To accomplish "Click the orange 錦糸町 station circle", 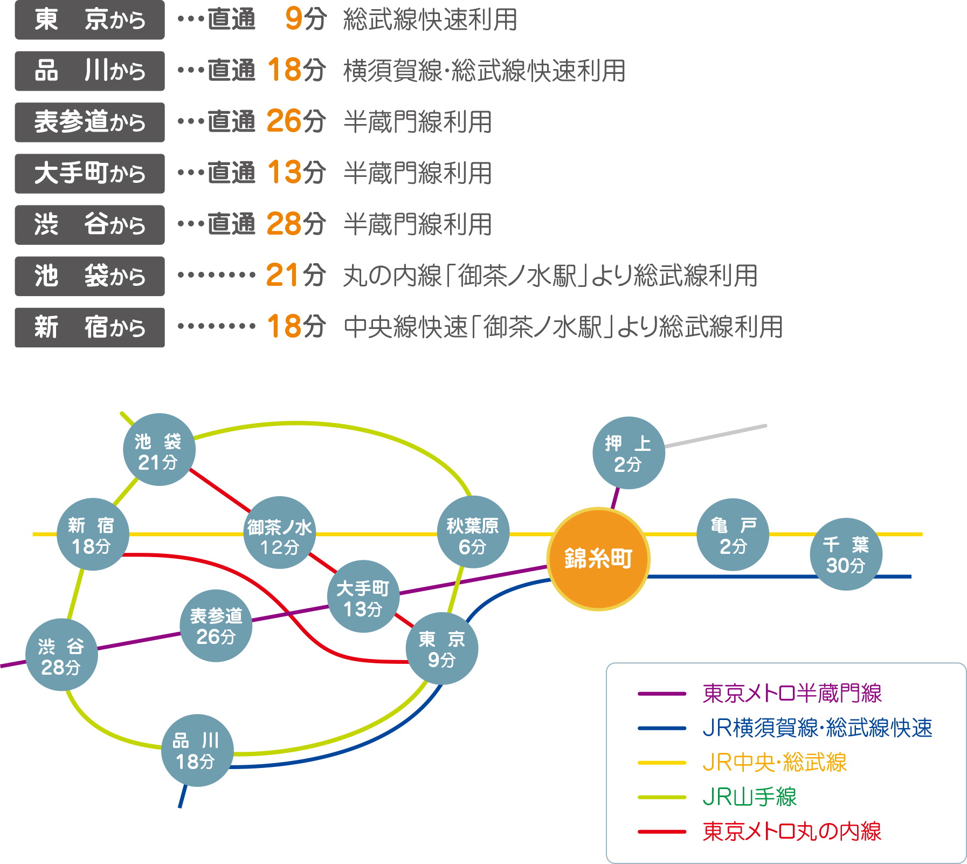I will click(598, 559).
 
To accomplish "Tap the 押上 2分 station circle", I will click(628, 453).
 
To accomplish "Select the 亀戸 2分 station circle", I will click(733, 534).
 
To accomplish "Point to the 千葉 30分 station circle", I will click(846, 554).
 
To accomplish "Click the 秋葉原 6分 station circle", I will click(473, 532).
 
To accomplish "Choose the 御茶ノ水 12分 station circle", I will click(279, 533).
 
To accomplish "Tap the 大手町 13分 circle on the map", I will click(363, 596).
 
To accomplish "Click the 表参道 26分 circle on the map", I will click(216, 626).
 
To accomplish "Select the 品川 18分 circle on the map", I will click(197, 750).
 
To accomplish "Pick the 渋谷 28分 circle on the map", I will click(61, 655).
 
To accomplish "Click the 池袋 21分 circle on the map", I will click(159, 450).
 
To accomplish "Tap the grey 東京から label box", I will click(89, 20).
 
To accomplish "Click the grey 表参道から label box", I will click(89, 122).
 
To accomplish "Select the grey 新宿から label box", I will click(89, 327).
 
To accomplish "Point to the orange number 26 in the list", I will click(284, 121).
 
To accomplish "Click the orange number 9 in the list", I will click(294, 19).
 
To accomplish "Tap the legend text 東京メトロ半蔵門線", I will click(792, 694).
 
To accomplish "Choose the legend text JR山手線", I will click(749, 797).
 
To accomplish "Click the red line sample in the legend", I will click(662, 832).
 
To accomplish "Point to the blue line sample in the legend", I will click(662, 728).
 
